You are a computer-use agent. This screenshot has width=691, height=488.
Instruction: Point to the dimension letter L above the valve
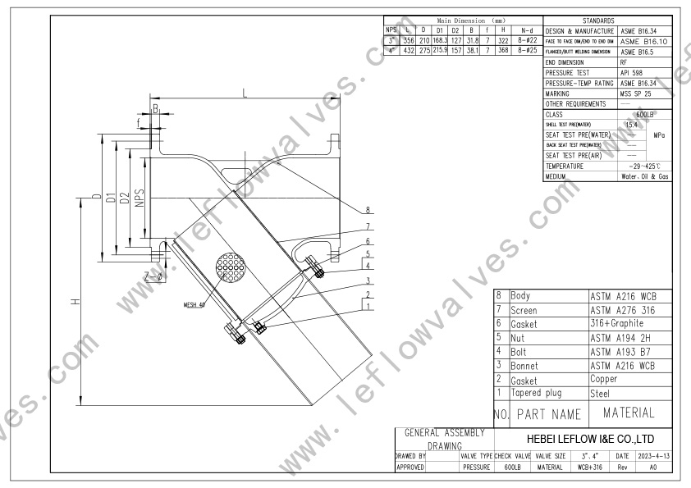point(245,93)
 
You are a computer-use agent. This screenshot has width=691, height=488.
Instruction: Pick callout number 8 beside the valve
point(369,209)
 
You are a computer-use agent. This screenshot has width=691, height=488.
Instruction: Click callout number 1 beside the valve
point(369,307)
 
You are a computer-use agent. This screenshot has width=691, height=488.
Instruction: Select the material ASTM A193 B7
point(621,353)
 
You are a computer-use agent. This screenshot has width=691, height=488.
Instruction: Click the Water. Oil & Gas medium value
point(646,176)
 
